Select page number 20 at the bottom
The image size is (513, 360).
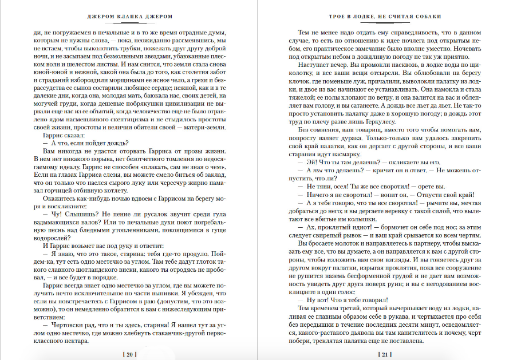(129, 354)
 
